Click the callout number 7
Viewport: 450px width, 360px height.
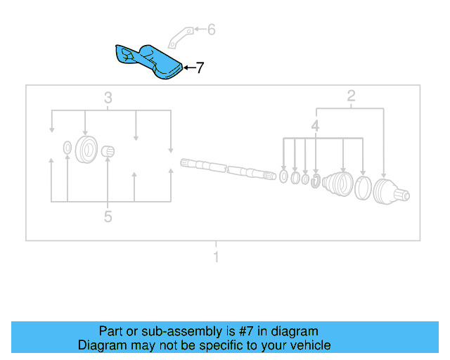pyautogui.click(x=200, y=68)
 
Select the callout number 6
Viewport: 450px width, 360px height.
pyautogui.click(x=211, y=30)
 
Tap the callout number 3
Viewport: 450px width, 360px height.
pyautogui.click(x=108, y=98)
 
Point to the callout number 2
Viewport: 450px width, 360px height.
pyautogui.click(x=351, y=96)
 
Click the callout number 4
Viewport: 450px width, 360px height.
pyautogui.click(x=316, y=127)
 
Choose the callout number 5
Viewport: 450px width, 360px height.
pyautogui.click(x=108, y=217)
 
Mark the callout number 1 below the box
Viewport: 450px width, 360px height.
pyautogui.click(x=217, y=257)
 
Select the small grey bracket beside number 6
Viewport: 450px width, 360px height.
pyautogui.click(x=181, y=35)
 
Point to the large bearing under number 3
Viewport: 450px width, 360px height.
pyautogui.click(x=86, y=149)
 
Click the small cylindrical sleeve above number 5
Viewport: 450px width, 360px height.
pyautogui.click(x=108, y=151)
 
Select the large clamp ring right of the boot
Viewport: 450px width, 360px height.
pyautogui.click(x=363, y=188)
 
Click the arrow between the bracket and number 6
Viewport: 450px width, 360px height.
pyautogui.click(x=199, y=30)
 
